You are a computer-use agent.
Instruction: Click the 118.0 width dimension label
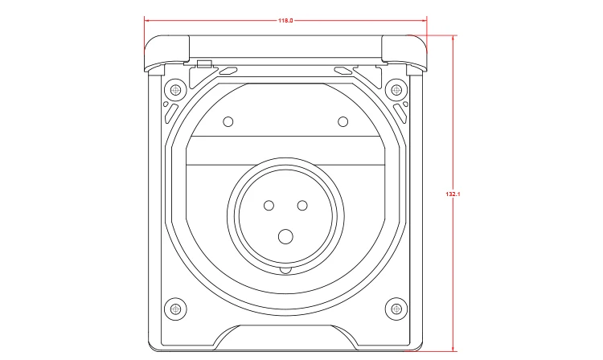pos(285,20)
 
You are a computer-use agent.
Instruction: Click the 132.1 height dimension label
pos(453,194)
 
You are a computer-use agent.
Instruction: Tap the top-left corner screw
pos(176,90)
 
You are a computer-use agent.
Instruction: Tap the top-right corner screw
pos(396,90)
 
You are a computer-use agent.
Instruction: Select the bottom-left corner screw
pos(176,309)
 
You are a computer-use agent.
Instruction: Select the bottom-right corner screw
pos(396,309)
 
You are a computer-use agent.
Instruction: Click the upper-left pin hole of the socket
pos(269,206)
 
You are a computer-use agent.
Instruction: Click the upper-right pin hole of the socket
pos(302,206)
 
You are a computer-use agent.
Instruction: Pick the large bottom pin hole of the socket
pos(285,237)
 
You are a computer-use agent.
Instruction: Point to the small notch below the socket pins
pos(285,270)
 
